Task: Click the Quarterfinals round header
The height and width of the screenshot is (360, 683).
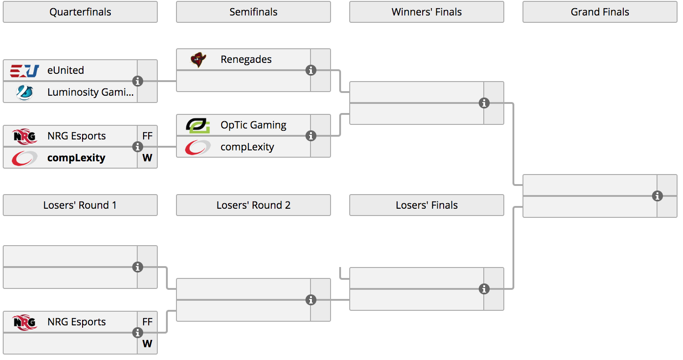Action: [x=80, y=12]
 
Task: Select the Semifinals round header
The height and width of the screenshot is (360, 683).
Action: [x=254, y=12]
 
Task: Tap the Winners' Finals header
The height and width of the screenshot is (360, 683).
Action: [x=427, y=12]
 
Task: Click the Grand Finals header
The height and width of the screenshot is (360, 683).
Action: [x=600, y=12]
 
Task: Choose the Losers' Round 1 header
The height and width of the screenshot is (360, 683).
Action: [x=80, y=205]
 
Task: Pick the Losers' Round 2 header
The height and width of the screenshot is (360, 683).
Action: [x=254, y=205]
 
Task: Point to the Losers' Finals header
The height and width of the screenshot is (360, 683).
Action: [x=427, y=205]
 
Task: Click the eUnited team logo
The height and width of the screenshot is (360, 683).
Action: [x=25, y=71]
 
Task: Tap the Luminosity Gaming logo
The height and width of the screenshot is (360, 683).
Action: [x=25, y=93]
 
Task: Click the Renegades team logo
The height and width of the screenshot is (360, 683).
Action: [x=198, y=59]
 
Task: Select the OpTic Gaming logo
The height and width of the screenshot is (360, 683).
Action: [x=198, y=125]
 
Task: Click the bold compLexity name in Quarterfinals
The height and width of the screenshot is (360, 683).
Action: [x=76, y=158]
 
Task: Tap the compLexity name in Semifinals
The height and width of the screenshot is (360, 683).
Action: [x=247, y=147]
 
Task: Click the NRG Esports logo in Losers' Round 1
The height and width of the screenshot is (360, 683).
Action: [x=25, y=322]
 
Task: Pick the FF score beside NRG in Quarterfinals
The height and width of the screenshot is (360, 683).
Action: [x=147, y=136]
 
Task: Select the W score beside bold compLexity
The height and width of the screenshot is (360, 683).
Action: [x=147, y=158]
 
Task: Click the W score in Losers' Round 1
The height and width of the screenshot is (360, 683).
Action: [x=147, y=344]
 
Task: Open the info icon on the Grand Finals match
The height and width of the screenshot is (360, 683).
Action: [x=657, y=196]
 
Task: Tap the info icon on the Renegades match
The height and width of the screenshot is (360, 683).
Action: [x=310, y=71]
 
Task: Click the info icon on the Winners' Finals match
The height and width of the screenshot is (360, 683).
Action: [x=484, y=103]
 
